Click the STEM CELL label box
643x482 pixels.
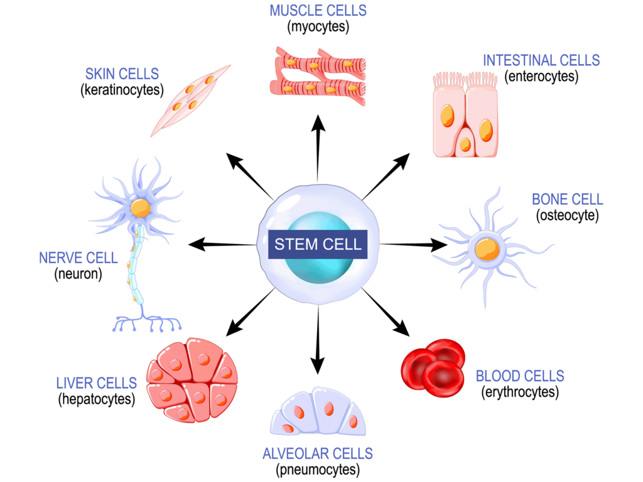point(318,244)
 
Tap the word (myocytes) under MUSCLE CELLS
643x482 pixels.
point(318,27)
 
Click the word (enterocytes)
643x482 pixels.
point(541,77)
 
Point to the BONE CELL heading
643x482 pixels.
point(567,200)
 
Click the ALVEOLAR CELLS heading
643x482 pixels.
point(318,453)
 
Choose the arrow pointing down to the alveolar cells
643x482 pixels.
point(318,342)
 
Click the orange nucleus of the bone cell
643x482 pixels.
point(487,249)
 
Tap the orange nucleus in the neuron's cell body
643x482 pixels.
point(141,208)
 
